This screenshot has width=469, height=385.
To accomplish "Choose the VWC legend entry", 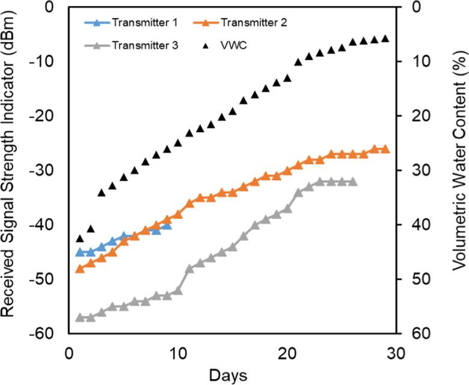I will [244, 44].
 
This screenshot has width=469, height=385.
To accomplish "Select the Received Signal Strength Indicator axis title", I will [10, 170].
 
